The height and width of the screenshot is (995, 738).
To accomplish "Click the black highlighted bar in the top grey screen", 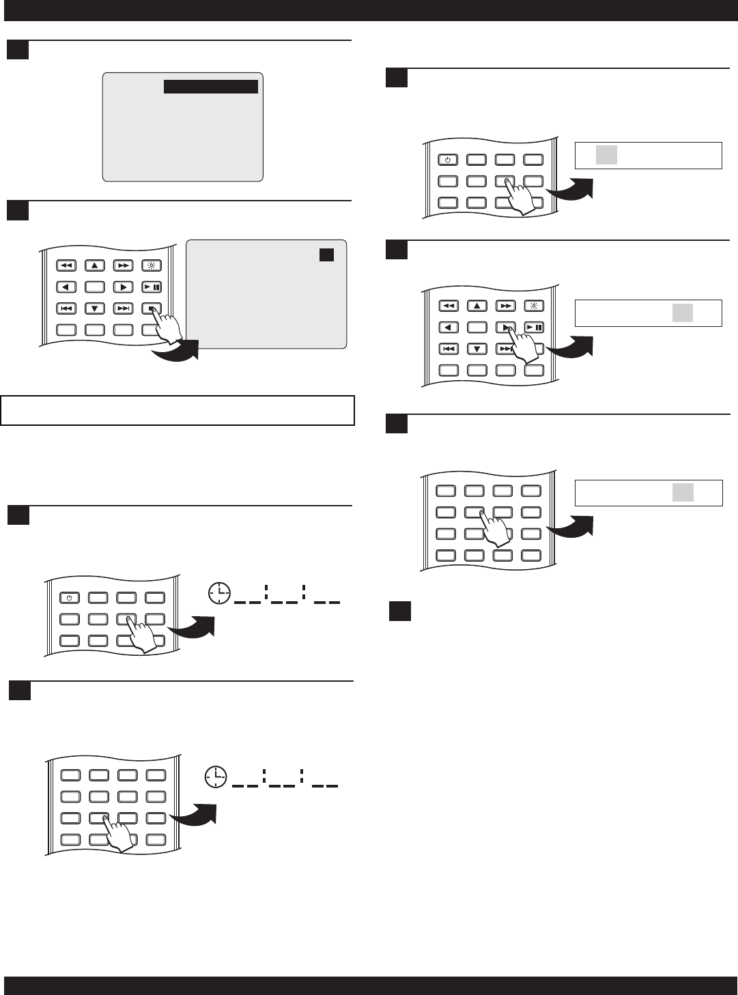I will click(211, 87).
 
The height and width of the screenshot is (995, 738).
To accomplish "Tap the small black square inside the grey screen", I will click(326, 255).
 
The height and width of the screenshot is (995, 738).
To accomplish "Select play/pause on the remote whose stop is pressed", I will click(152, 287).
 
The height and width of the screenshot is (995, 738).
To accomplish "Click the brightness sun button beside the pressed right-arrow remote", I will click(534, 306).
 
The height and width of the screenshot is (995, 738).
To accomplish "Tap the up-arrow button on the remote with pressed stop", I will click(95, 265).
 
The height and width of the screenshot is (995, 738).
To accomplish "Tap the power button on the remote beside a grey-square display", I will click(448, 160).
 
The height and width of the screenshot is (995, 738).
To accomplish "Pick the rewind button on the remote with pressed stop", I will click(66, 265).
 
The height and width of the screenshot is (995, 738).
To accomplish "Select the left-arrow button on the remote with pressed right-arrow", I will click(448, 328).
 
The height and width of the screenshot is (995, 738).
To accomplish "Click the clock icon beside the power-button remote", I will click(220, 594).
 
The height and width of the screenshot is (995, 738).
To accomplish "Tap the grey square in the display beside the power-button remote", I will click(606, 155).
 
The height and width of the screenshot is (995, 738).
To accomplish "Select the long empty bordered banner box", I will click(178, 410).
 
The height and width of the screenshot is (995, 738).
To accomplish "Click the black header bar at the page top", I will click(369, 10).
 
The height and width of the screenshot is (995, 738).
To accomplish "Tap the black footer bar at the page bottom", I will click(369, 985).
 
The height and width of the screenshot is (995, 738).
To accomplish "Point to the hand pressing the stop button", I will click(167, 326).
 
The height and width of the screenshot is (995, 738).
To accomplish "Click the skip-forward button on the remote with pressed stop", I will click(123, 308).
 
